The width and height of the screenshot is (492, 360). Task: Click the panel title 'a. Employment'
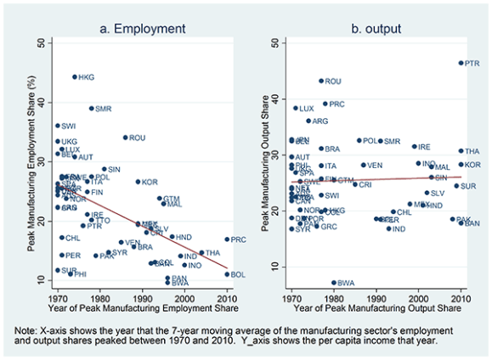[x=142, y=28]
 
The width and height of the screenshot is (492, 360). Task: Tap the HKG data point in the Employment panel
[x=75, y=76]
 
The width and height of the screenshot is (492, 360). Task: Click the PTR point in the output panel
[x=461, y=63]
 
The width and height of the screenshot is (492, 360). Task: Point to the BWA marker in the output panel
[x=333, y=283]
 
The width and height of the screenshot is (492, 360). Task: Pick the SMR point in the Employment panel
[x=92, y=109]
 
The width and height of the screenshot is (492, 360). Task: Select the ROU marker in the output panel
[x=320, y=81]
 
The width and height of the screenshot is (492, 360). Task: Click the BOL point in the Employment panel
[x=227, y=274]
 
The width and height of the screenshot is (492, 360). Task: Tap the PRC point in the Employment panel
[x=227, y=239]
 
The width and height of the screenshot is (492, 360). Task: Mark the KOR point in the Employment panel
[x=138, y=182]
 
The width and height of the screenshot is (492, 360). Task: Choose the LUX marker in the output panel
[x=296, y=108]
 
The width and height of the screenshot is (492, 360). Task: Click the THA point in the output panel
[x=461, y=151]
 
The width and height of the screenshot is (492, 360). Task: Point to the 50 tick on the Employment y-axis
[x=42, y=42]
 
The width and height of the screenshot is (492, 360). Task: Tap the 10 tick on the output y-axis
[x=277, y=266]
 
